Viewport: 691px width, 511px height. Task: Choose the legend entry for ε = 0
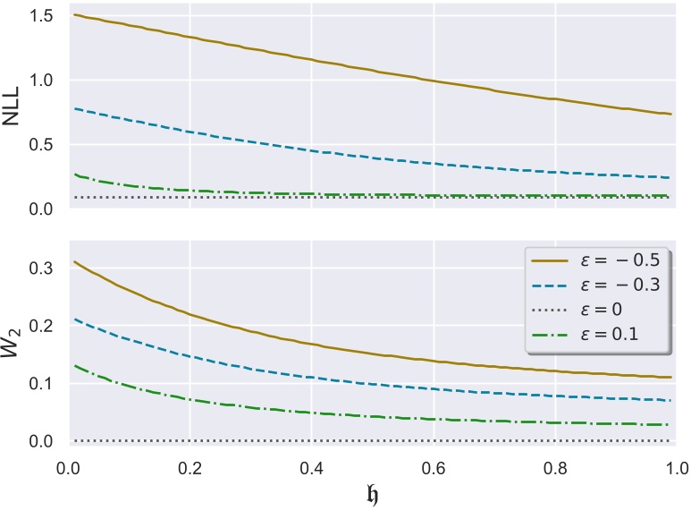(x=590, y=310)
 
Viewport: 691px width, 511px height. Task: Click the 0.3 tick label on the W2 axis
(x=43, y=268)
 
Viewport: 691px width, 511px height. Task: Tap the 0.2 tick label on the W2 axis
(x=43, y=327)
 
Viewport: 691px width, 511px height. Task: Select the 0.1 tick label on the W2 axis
(x=43, y=384)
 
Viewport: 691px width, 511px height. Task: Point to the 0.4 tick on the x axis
(x=311, y=468)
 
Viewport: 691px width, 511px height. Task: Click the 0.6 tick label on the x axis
(x=434, y=468)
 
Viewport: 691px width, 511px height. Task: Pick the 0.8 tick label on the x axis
(x=555, y=468)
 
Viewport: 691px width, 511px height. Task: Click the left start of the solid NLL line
(x=73, y=15)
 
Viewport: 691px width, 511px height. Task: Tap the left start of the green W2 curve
(x=73, y=365)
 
